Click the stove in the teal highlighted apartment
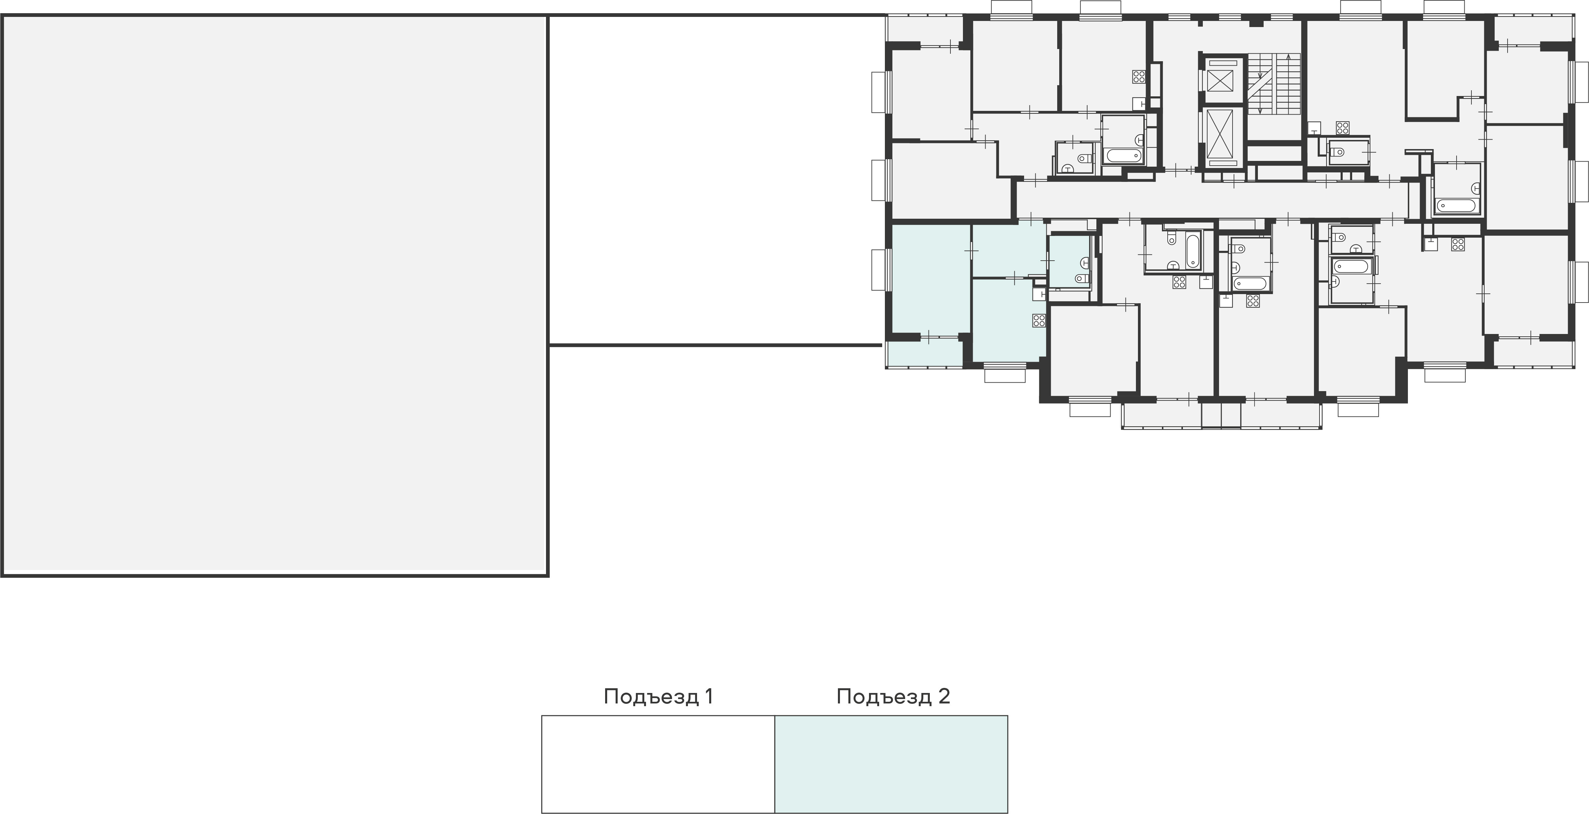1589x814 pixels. [x=1039, y=320]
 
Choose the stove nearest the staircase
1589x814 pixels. [x=1342, y=128]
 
